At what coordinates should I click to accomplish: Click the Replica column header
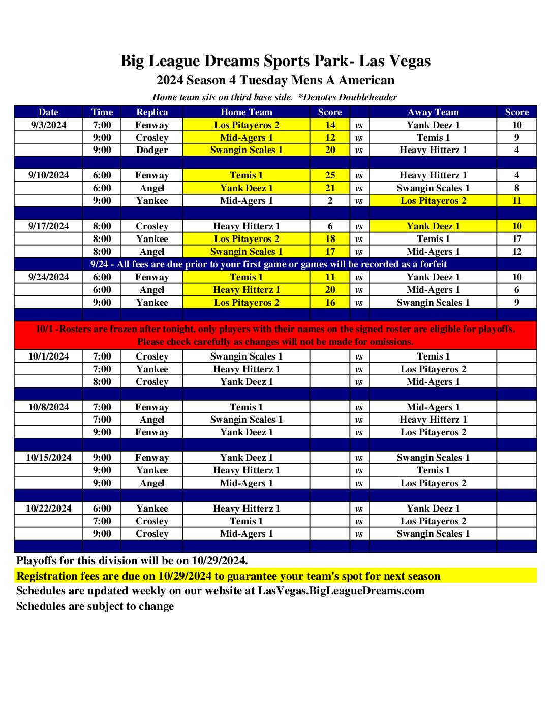click(152, 112)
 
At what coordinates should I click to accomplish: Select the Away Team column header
click(433, 112)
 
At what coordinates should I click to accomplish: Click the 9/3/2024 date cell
click(48, 125)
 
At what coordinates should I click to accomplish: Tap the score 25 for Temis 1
click(330, 175)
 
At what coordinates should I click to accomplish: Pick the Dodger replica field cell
click(152, 150)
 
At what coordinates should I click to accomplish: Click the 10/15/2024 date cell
click(48, 458)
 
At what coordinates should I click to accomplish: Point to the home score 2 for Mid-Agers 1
click(330, 201)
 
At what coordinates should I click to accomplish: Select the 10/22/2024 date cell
click(48, 509)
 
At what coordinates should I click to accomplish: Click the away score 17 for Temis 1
click(516, 239)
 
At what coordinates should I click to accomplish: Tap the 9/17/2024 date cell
click(48, 226)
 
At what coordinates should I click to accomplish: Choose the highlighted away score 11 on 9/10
click(516, 201)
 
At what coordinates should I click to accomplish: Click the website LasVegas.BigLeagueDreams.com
click(341, 591)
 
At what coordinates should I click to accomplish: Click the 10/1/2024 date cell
click(48, 356)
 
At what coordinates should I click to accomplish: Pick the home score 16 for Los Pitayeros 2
click(330, 303)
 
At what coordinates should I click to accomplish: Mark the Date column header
click(48, 112)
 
